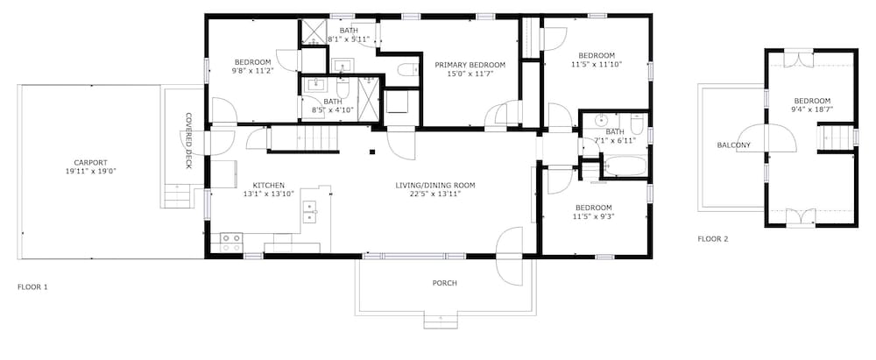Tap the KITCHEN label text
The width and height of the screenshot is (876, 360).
269,186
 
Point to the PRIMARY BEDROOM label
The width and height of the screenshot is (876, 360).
470,65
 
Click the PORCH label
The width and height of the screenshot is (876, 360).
445,284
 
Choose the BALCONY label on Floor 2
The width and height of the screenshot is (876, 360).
733,145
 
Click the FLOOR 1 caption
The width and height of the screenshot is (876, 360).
32,287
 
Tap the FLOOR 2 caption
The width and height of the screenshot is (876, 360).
713,239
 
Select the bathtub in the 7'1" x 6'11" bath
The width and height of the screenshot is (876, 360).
625,166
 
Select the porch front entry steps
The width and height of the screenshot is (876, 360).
441,322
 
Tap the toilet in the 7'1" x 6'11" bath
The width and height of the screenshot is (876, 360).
637,123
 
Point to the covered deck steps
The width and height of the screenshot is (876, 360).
177,196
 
